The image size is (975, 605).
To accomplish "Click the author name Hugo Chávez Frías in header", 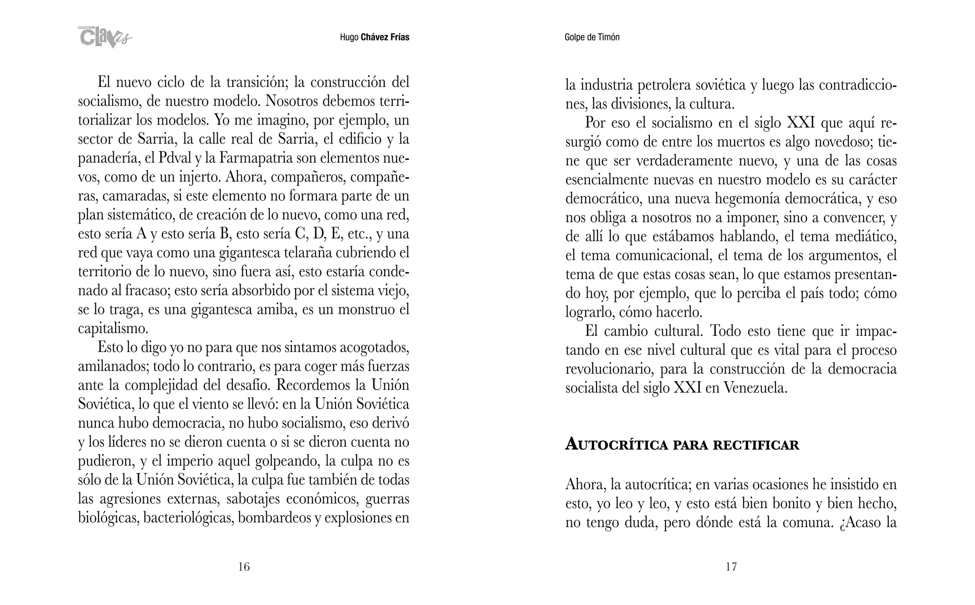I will [374, 37].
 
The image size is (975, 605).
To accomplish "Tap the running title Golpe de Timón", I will [592, 37].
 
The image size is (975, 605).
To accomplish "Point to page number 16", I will [244, 566].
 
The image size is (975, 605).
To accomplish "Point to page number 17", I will [731, 566].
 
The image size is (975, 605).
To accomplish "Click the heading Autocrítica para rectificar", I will [682, 445].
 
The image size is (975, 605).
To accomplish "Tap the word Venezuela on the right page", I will [755, 388].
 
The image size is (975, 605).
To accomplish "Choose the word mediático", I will [862, 236].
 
